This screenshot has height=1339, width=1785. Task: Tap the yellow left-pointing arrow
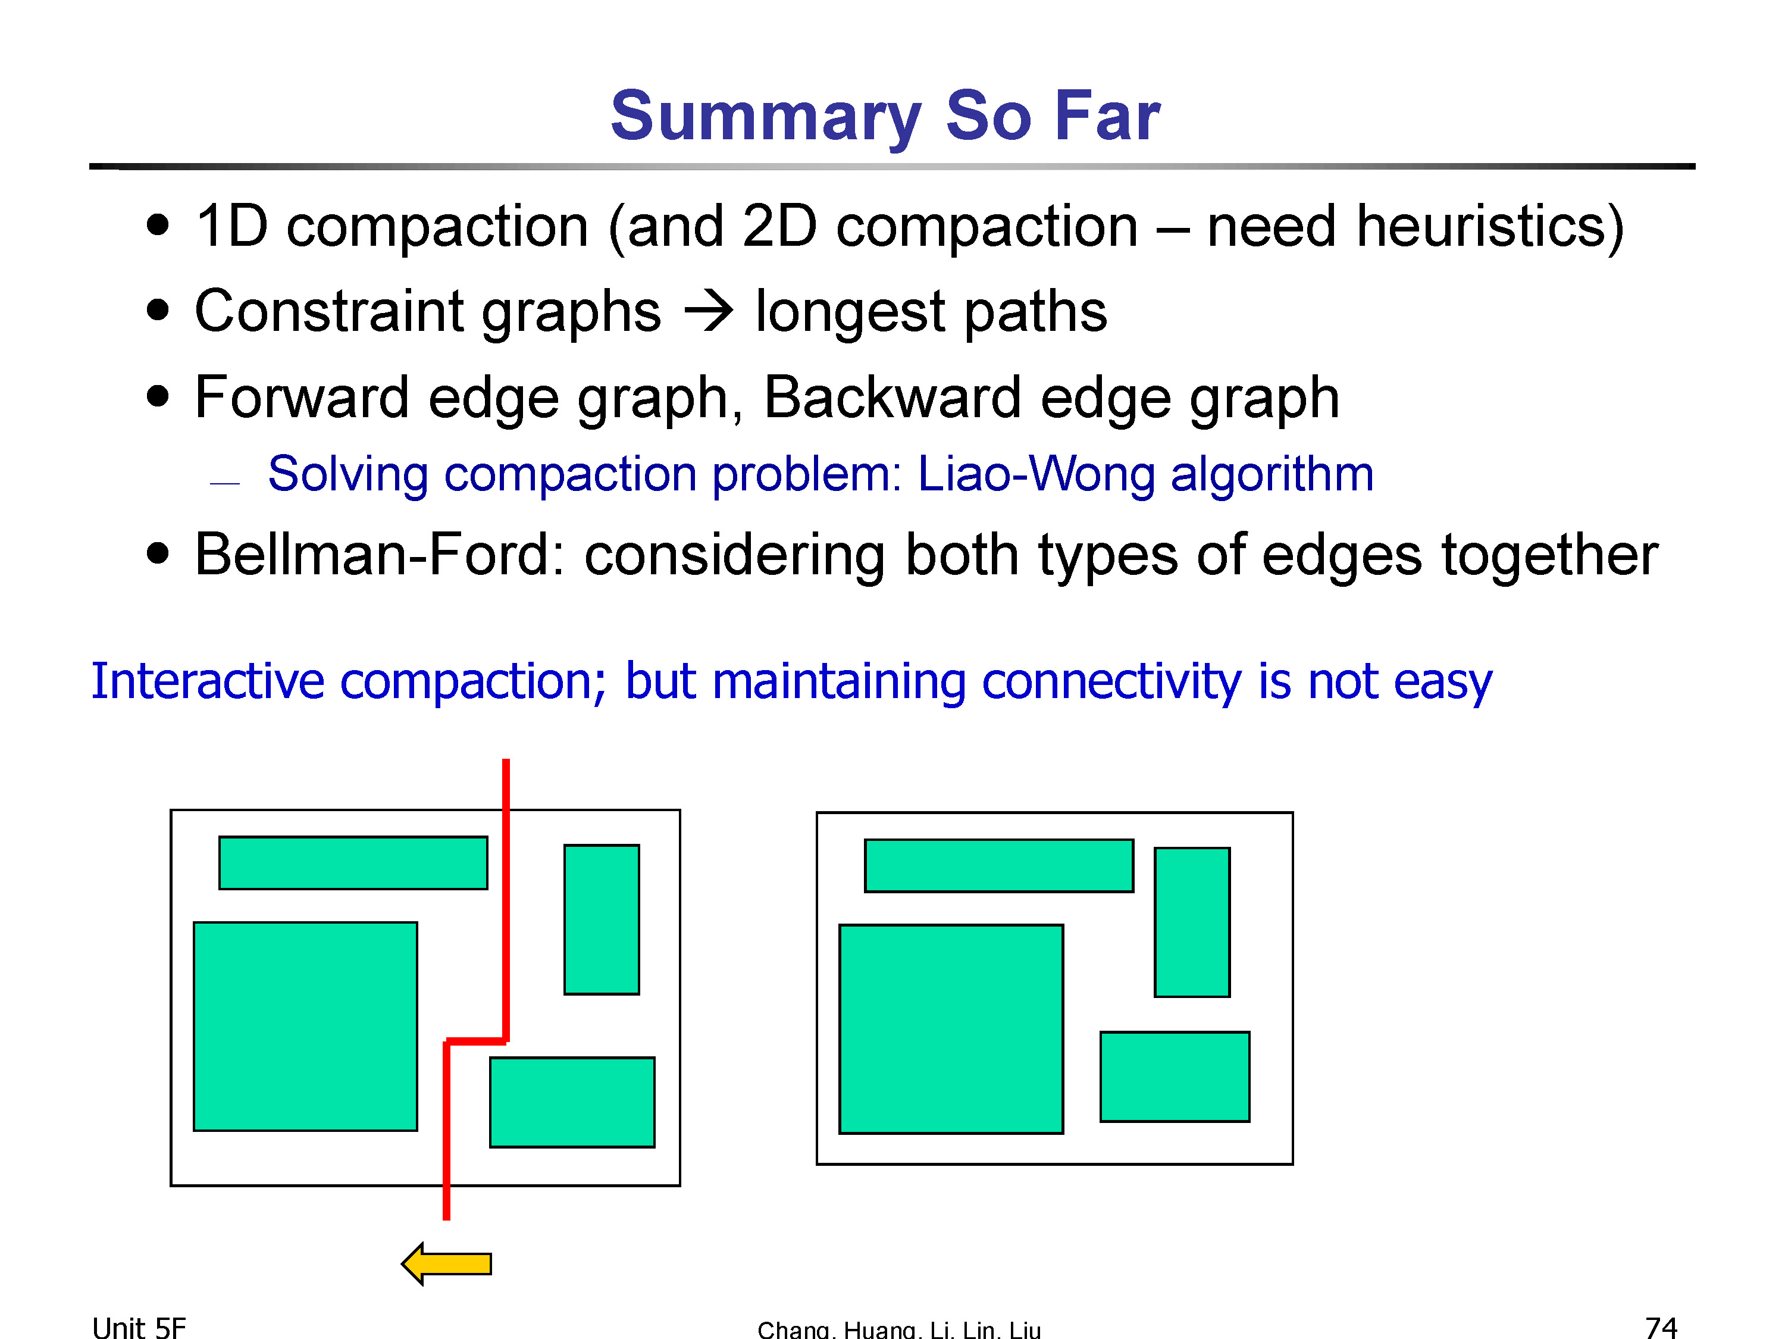pos(446,1263)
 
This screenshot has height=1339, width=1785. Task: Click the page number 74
pos(1661,1326)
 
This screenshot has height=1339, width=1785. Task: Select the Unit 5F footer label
pos(139,1326)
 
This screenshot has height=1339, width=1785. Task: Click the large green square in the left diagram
pos(306,1026)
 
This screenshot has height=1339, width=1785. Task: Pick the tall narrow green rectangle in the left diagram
pos(601,919)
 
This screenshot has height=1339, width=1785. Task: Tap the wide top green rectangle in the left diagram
pos(353,863)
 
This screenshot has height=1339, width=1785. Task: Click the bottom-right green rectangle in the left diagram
pos(572,1102)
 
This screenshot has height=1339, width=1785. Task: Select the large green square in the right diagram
pos(951,1029)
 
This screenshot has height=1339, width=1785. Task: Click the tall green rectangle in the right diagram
pos(1192,922)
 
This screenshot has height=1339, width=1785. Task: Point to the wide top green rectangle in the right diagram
pos(999,865)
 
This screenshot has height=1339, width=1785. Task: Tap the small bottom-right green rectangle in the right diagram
pos(1175,1076)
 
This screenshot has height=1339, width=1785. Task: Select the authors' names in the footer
pos(899,1328)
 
